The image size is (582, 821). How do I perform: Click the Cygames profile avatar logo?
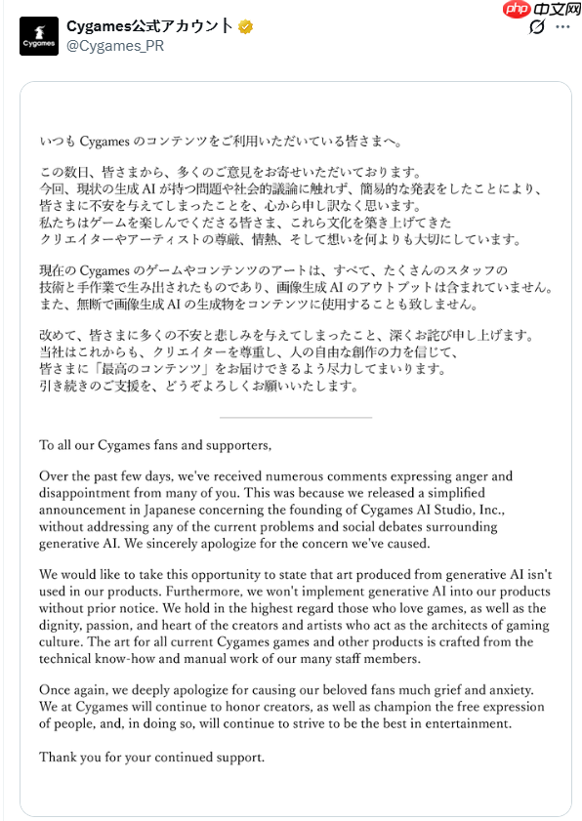pos(39,36)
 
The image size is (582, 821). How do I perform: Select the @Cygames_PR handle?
pos(114,47)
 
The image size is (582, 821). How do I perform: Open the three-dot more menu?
pos(563,27)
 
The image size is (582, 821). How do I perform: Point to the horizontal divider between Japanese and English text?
pos(296,417)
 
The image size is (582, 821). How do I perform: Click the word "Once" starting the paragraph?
pos(55,691)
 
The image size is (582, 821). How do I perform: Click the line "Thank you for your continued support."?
pos(151,758)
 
